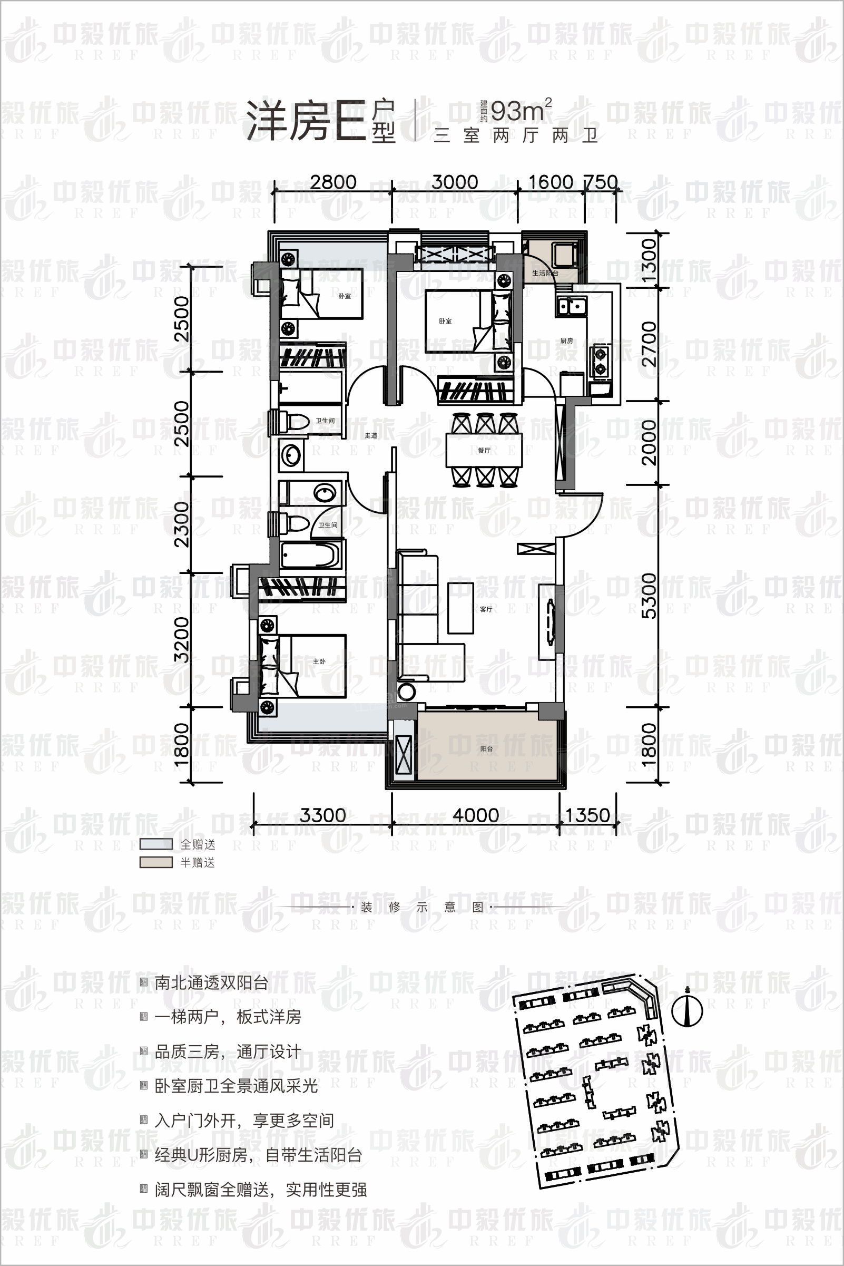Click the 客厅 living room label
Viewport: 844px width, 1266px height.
[x=486, y=609]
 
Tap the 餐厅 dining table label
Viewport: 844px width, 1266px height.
[x=484, y=450]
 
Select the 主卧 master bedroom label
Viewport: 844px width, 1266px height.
[x=319, y=661]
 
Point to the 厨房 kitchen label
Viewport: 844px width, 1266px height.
[x=566, y=340]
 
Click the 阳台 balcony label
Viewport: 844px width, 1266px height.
[x=487, y=748]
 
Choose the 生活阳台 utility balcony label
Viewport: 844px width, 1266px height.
[x=545, y=273]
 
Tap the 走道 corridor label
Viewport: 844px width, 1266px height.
[x=371, y=435]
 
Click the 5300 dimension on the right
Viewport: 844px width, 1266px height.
[x=650, y=596]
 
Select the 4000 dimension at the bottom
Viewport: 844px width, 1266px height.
[x=475, y=815]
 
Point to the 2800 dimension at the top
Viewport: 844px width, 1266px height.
[x=333, y=182]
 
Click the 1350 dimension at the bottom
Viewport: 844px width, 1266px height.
[x=587, y=815]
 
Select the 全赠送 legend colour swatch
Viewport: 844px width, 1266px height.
[x=156, y=844]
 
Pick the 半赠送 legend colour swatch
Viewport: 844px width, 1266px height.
[x=156, y=862]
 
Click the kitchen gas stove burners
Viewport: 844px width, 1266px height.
[x=600, y=361]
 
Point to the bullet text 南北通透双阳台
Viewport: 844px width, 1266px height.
[x=211, y=983]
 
